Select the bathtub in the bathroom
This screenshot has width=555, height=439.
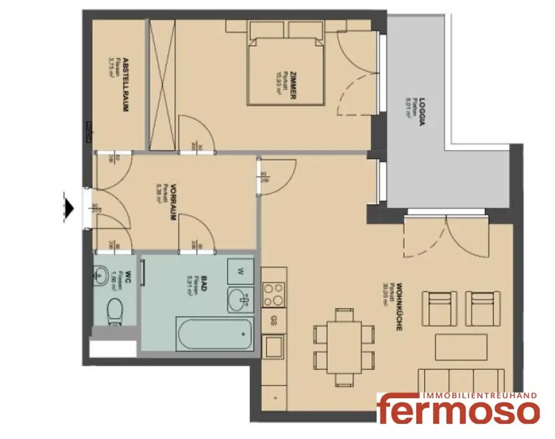pyautogui.click(x=215, y=334)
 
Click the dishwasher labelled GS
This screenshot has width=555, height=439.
pyautogui.click(x=274, y=320)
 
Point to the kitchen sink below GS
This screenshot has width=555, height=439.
pyautogui.click(x=273, y=346)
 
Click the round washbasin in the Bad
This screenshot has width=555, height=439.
pyautogui.click(x=241, y=299)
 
